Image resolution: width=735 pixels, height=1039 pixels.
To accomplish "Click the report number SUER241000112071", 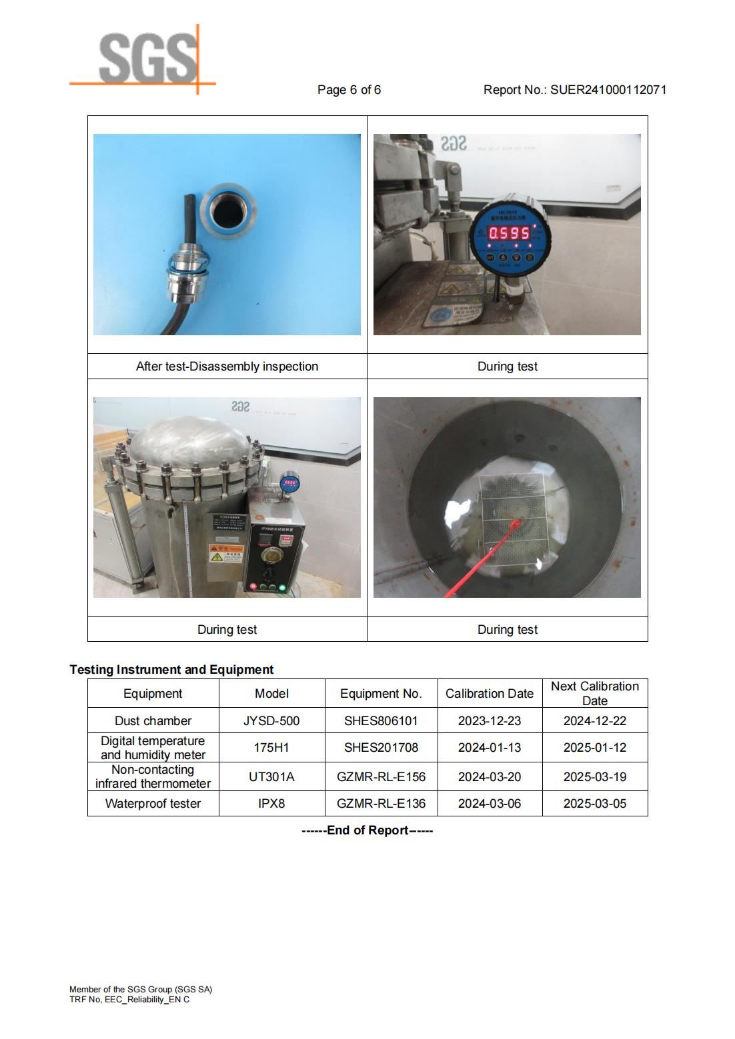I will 608,90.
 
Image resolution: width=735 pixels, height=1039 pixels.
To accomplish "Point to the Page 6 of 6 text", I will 349,90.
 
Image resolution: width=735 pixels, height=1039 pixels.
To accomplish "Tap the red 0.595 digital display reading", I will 510,233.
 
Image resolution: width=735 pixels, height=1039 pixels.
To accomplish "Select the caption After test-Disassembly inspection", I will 227,367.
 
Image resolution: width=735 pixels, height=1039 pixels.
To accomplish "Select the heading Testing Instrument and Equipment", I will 171,670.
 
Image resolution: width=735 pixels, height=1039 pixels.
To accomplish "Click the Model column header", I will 271,694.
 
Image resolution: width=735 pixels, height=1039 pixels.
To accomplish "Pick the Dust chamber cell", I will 153,721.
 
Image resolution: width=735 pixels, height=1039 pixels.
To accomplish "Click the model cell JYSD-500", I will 271,721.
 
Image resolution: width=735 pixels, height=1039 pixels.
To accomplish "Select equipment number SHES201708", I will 381,748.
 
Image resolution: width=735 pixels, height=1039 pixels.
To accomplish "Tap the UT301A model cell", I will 271,777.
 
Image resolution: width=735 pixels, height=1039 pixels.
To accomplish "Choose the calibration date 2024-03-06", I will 490,804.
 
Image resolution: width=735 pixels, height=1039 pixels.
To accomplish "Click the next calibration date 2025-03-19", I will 595,777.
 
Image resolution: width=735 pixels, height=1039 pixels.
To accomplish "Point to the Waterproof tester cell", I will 153,804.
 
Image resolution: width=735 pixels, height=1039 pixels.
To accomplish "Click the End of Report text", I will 367,830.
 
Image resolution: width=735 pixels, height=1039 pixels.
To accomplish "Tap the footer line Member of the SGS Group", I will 141,990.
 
